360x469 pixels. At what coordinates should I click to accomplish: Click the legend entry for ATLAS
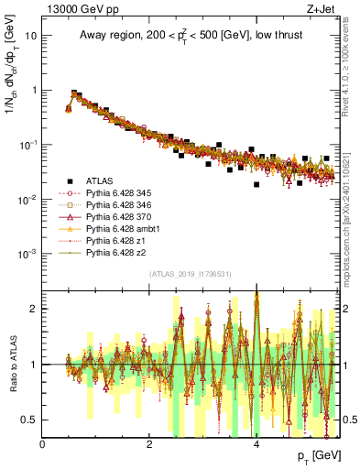tap(101, 181)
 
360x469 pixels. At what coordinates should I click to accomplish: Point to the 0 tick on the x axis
tap(43, 444)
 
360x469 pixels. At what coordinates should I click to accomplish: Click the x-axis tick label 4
tap(256, 444)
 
